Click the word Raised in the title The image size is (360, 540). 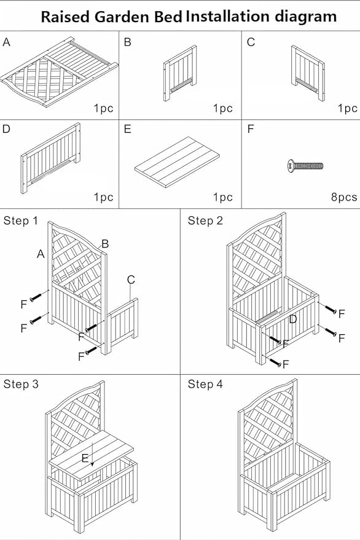pyautogui.click(x=65, y=17)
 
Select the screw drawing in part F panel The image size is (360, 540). pyautogui.click(x=305, y=166)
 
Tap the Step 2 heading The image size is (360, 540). pyautogui.click(x=205, y=221)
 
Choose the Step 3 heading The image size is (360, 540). pyautogui.click(x=20, y=385)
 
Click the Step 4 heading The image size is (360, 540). pyautogui.click(x=205, y=385)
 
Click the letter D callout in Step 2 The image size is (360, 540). pyautogui.click(x=293, y=319)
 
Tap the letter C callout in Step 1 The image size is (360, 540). pyautogui.click(x=131, y=280)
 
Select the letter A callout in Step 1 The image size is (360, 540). pyautogui.click(x=41, y=254)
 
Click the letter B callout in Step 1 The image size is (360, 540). pyautogui.click(x=105, y=244)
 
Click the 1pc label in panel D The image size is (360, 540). pyautogui.click(x=103, y=198)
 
